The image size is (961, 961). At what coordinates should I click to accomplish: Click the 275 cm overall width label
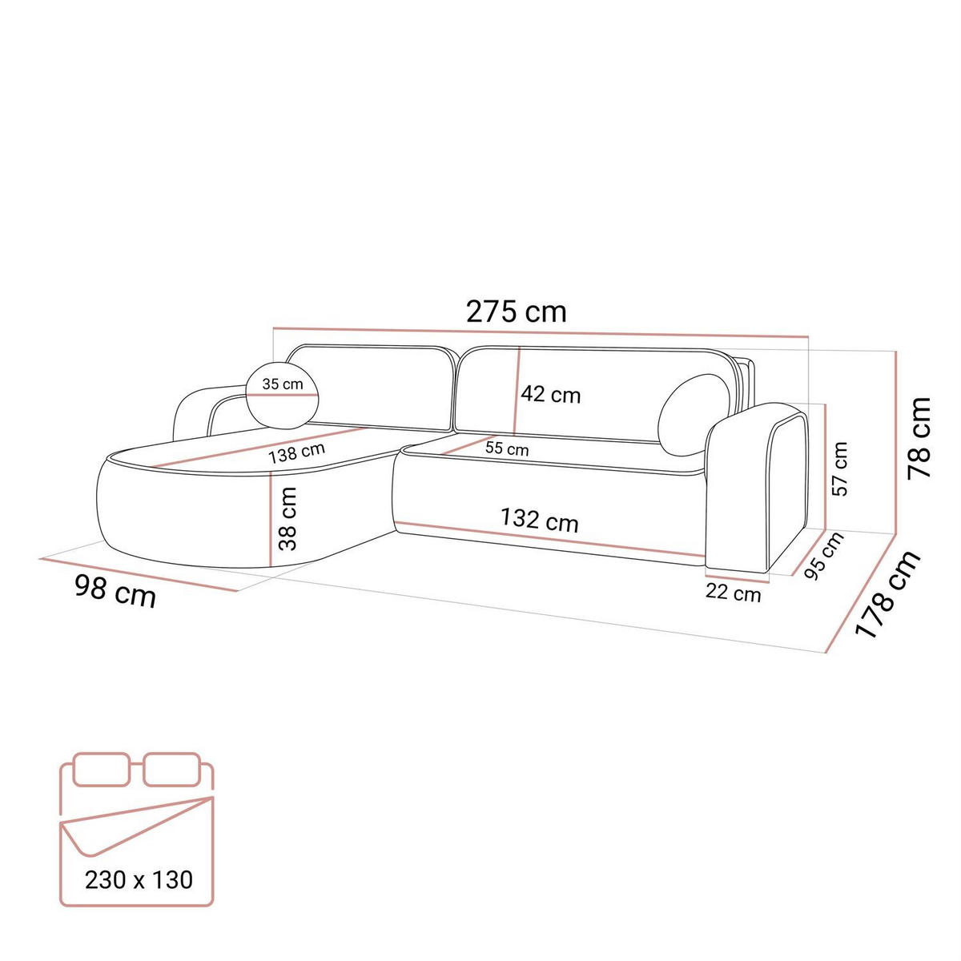(516, 312)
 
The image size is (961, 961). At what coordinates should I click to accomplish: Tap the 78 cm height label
(918, 437)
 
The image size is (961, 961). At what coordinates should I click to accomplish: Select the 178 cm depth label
(887, 593)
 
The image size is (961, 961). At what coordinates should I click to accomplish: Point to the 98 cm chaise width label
(115, 592)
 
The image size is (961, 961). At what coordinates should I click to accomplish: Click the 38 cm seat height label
(287, 519)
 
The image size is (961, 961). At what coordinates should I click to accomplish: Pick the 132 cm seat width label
(539, 521)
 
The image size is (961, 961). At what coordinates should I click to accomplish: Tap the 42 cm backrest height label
(550, 395)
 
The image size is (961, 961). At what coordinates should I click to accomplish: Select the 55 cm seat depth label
(507, 448)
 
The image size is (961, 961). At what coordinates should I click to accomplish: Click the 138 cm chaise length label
(297, 452)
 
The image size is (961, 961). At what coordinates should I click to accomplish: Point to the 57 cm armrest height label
(840, 468)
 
